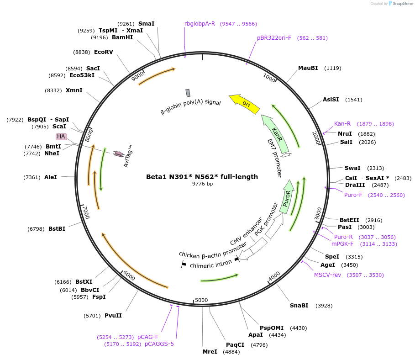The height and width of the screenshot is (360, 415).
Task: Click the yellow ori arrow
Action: [245, 103]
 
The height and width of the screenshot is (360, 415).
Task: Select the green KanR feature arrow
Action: [275, 134]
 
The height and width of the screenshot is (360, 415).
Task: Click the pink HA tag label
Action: [61, 137]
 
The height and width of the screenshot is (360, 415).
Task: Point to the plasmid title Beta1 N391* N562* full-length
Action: [202, 177]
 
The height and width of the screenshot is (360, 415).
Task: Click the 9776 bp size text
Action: [202, 184]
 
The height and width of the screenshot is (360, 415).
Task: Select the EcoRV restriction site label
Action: [104, 52]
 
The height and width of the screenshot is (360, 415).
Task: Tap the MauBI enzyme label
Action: [308, 68]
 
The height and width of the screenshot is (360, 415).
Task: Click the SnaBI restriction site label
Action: [299, 305]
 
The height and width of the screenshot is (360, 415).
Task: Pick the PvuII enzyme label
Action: [113, 315]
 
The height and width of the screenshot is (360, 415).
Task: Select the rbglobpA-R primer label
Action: [200, 23]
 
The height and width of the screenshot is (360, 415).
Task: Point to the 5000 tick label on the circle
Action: [201, 300]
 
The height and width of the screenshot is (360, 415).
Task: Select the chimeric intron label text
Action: [210, 265]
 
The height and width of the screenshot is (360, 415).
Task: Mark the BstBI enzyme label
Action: [57, 228]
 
